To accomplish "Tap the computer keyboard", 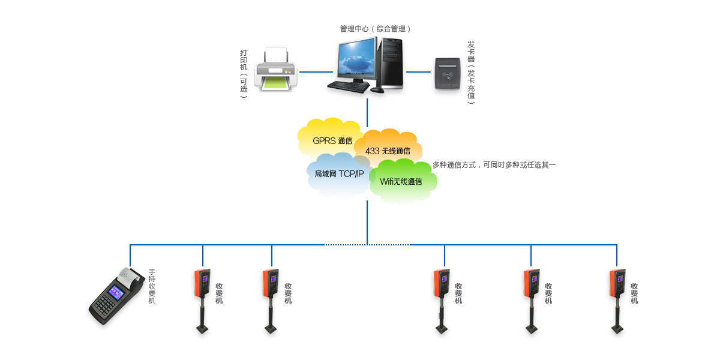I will click(347, 87).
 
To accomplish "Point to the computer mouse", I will click(377, 90).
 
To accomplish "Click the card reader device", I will click(448, 75).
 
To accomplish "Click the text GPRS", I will click(324, 142).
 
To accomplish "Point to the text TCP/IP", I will click(351, 174).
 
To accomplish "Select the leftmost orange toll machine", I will click(202, 285).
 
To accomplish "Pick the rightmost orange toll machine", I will click(617, 285).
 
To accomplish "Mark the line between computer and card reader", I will click(419, 73).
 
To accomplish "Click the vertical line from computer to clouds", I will click(367, 111).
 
